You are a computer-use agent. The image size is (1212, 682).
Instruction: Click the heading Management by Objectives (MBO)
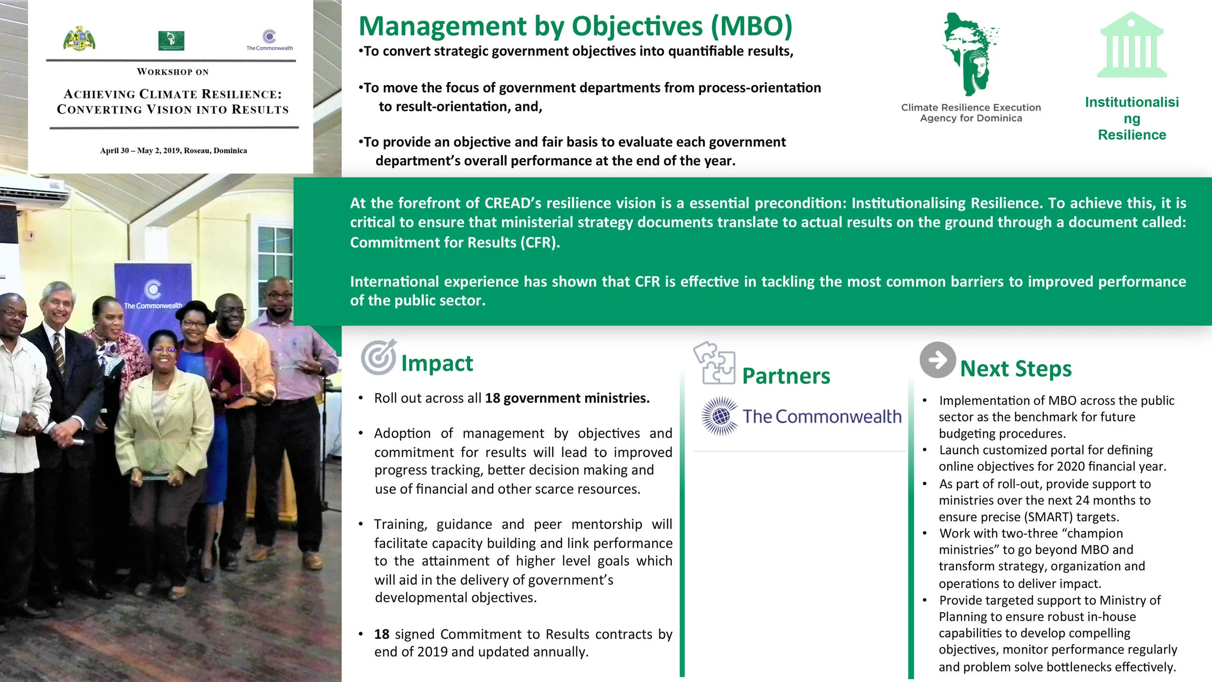(575, 26)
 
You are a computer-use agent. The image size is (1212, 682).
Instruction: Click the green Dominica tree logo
(970, 53)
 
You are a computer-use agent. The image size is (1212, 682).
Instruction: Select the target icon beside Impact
(379, 357)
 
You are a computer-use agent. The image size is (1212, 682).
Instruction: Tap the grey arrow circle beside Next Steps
(938, 360)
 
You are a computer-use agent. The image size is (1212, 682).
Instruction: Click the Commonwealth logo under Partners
(801, 416)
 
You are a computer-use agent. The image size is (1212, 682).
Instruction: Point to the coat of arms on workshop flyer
(79, 39)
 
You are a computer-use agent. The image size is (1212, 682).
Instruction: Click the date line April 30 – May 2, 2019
(173, 150)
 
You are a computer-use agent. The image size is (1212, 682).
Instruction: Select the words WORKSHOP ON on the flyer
(173, 72)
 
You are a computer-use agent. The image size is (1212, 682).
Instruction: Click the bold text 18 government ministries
(567, 398)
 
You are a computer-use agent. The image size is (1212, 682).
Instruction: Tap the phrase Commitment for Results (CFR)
(454, 242)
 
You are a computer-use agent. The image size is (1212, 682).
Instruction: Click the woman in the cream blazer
(164, 427)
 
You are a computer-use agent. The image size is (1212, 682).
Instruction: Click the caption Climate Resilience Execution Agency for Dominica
(971, 112)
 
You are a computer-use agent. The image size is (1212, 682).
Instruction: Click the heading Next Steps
(1016, 368)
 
